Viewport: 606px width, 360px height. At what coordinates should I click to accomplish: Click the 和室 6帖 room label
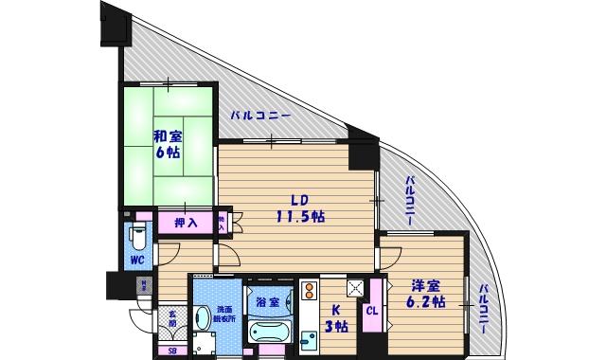pos(169,144)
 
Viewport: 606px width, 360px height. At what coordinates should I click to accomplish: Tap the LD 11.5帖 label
pos(300,208)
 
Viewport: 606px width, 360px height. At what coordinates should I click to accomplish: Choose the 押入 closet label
pos(187,223)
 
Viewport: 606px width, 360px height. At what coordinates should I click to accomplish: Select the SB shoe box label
pos(171,351)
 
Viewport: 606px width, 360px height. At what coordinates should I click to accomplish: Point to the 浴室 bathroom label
pos(266,302)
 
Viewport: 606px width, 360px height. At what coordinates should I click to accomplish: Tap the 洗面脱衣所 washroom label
pos(226,315)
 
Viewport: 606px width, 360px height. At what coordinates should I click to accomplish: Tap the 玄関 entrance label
pos(172,317)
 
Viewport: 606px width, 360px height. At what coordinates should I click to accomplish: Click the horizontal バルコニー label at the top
pos(259,116)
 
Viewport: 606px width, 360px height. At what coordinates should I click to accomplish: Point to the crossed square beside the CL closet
pos(356,289)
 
